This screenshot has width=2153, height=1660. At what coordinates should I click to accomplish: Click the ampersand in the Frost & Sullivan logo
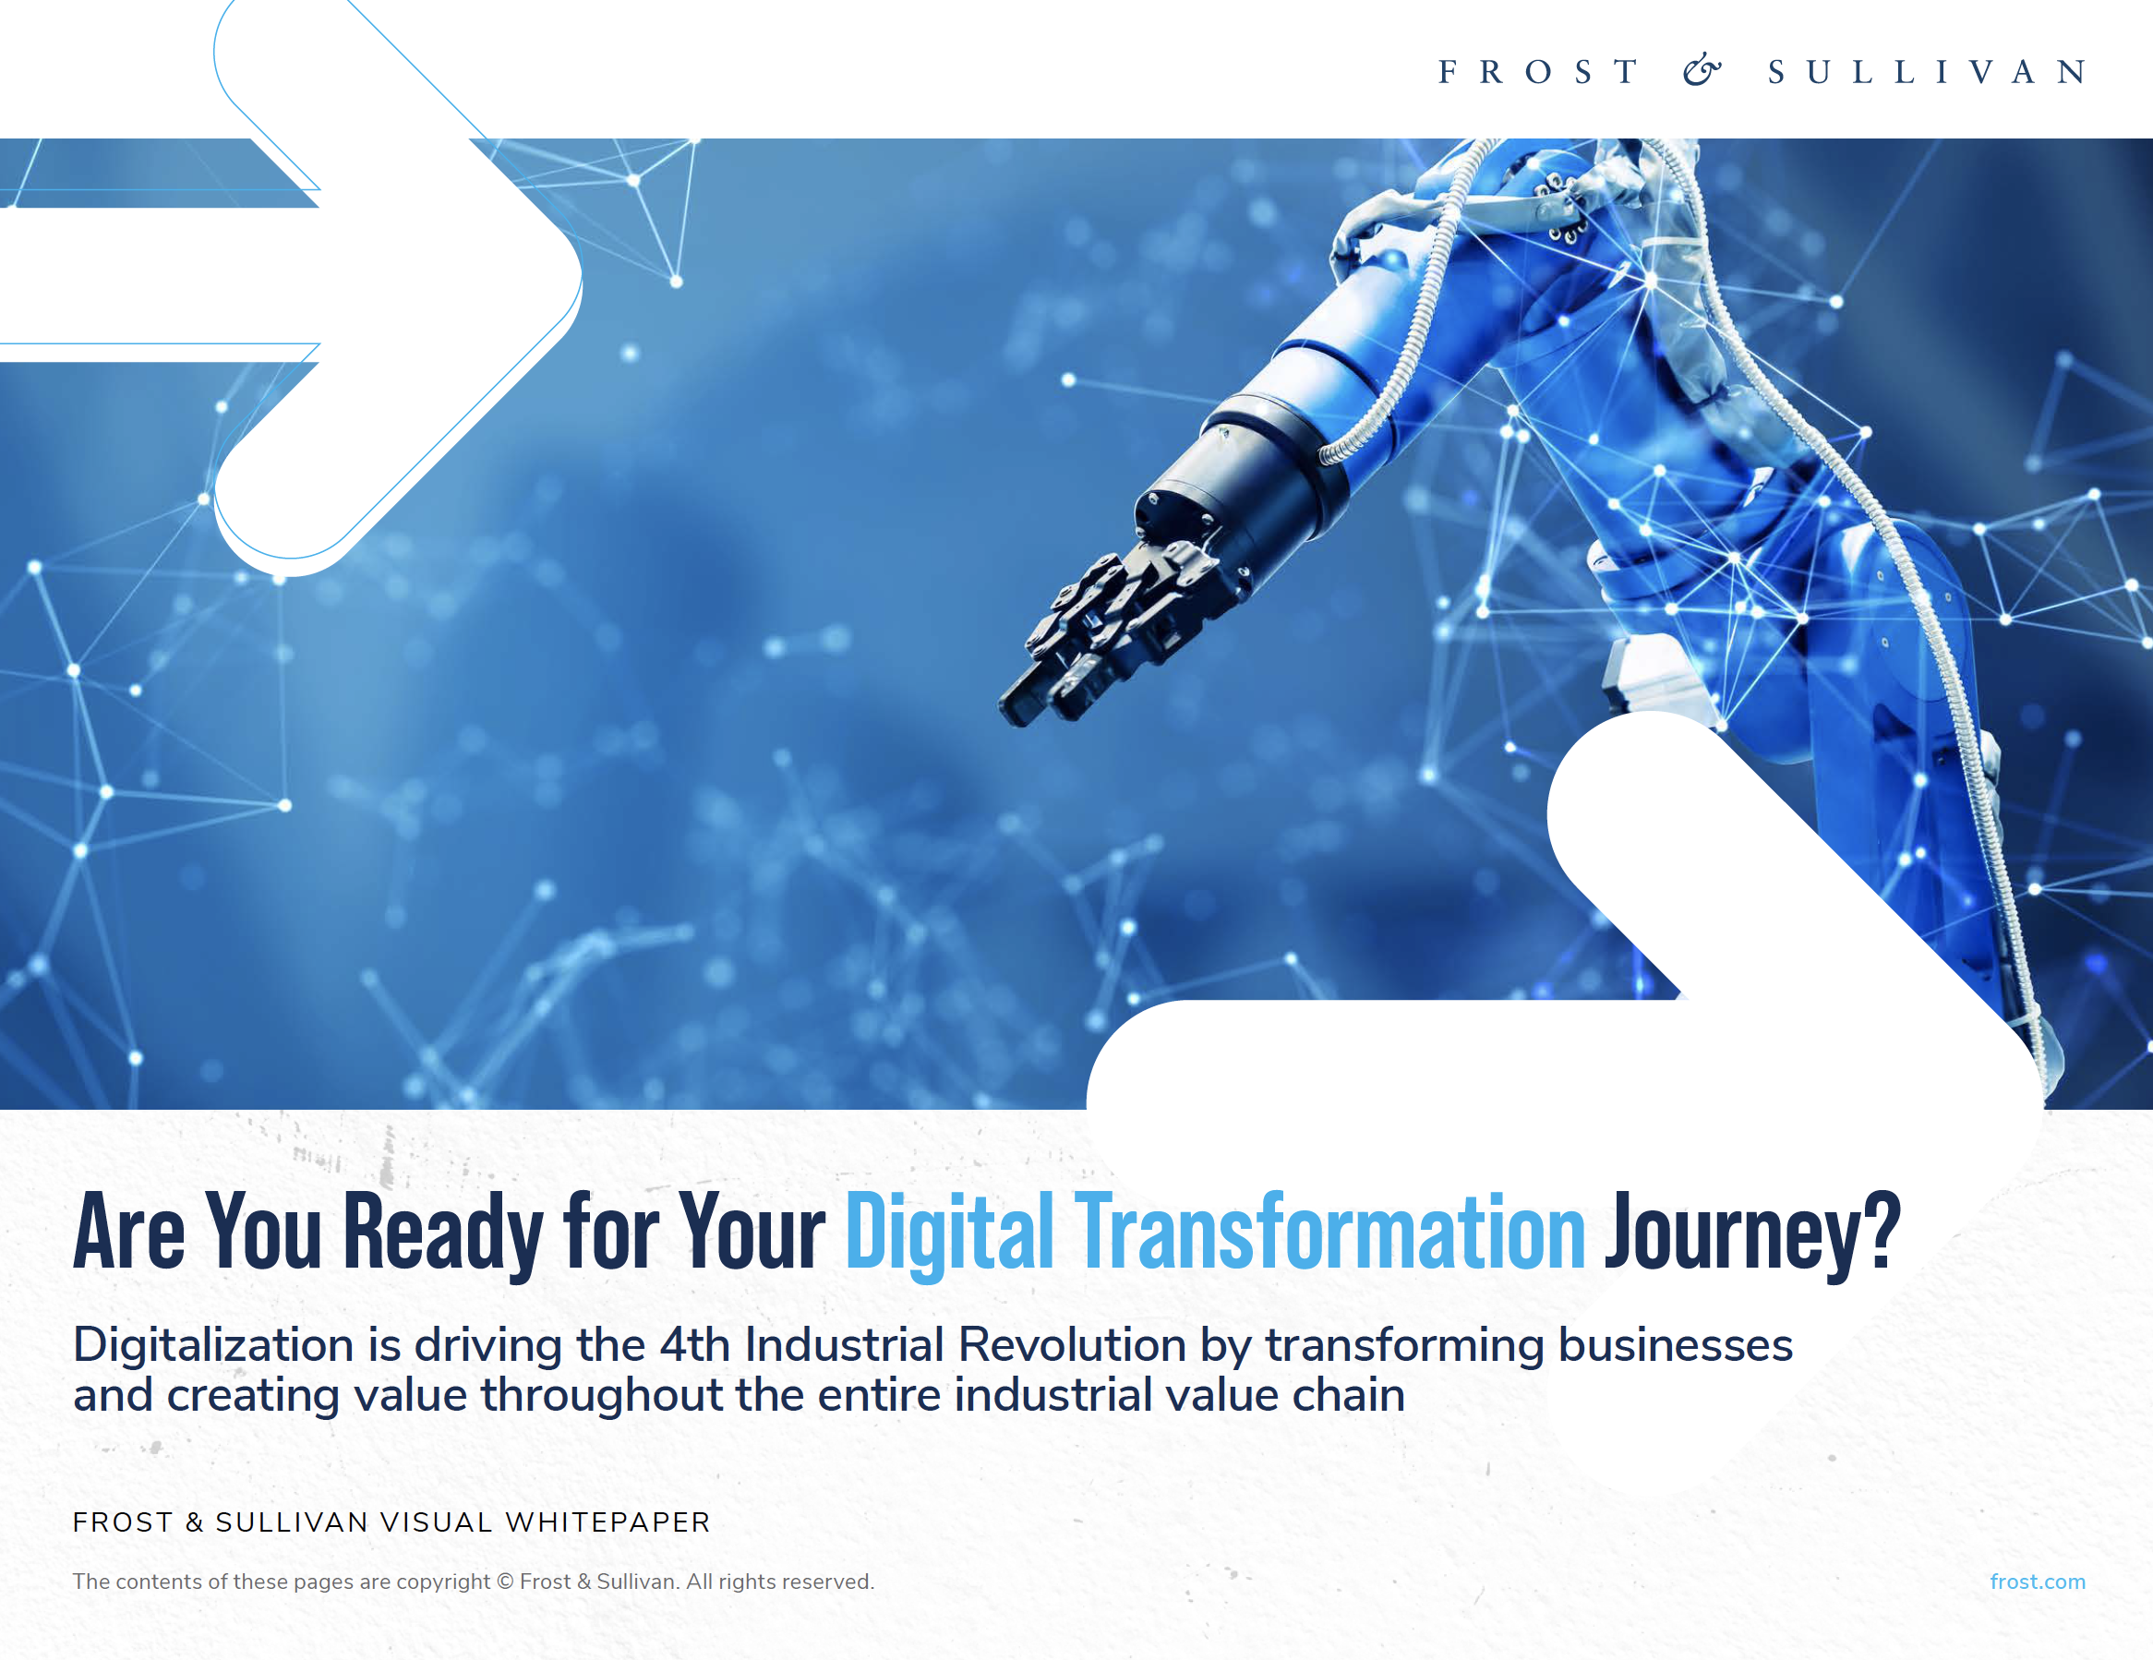tap(1702, 70)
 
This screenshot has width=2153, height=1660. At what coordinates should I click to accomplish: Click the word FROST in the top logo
tap(1538, 72)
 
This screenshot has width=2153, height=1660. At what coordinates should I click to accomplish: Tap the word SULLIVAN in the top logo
tap(1926, 72)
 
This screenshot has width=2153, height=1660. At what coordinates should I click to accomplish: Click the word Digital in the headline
tap(949, 1233)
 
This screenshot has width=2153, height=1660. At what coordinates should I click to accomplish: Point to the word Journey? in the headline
tap(1751, 1233)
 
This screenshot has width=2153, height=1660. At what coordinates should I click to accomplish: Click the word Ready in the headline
tap(442, 1233)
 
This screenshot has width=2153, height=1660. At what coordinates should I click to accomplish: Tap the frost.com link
tap(2037, 1582)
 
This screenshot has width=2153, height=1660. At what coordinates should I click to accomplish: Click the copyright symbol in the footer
tap(505, 1582)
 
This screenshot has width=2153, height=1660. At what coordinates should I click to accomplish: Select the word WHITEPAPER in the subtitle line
tap(607, 1522)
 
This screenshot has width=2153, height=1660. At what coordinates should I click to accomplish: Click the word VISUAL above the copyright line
tap(437, 1522)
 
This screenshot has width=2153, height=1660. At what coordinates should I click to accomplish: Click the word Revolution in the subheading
tap(1072, 1344)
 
